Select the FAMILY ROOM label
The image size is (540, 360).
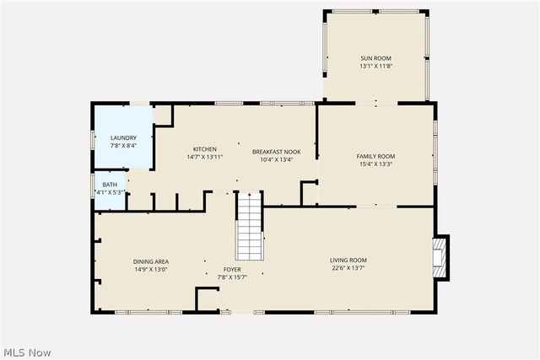375,156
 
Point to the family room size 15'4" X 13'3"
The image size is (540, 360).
375,165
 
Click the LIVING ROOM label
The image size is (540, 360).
348,260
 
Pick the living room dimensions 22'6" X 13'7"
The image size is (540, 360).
348,269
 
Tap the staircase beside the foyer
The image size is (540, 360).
248,226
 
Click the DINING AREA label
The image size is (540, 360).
150,261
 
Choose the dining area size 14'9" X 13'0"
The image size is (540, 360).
150,270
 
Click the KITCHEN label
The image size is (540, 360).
204,149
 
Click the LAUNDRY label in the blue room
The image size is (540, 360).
123,137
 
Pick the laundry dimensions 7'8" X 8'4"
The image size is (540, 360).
123,146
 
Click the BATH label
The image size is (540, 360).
111,184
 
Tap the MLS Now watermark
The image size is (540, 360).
27,350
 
